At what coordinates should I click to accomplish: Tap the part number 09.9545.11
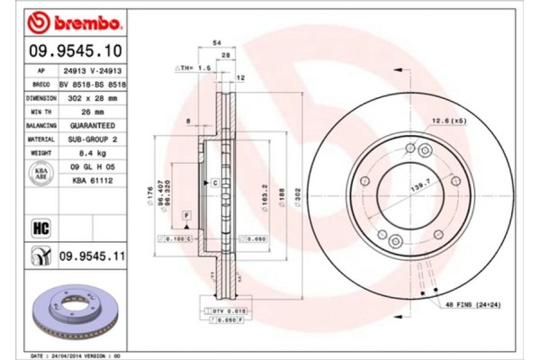(x=90, y=257)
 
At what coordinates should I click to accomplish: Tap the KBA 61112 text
(x=90, y=180)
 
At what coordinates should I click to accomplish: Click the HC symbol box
(x=40, y=228)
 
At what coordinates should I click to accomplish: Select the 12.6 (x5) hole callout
(x=447, y=120)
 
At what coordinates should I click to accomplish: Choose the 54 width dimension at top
(x=216, y=42)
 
